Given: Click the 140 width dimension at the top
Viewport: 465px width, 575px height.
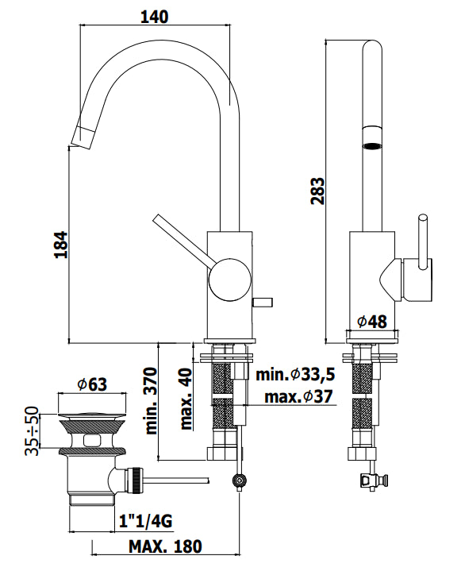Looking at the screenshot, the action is coord(155,17).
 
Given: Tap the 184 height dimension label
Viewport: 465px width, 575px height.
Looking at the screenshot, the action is coord(61,245).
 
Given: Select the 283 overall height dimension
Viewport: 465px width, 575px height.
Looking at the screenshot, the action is coord(317,191).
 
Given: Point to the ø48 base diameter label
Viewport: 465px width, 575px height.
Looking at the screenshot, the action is coord(372,322).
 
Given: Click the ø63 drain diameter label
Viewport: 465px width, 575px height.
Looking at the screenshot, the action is coord(92,384).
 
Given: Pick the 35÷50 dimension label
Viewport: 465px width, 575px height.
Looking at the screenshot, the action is coord(32,430).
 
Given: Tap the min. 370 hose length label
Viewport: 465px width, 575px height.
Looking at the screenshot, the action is coord(151,401).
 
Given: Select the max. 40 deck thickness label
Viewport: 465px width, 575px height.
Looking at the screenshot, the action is coord(186,399).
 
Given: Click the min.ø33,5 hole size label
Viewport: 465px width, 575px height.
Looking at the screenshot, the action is coord(295,374).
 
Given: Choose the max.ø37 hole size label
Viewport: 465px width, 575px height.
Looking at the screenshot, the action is coord(298,396).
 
